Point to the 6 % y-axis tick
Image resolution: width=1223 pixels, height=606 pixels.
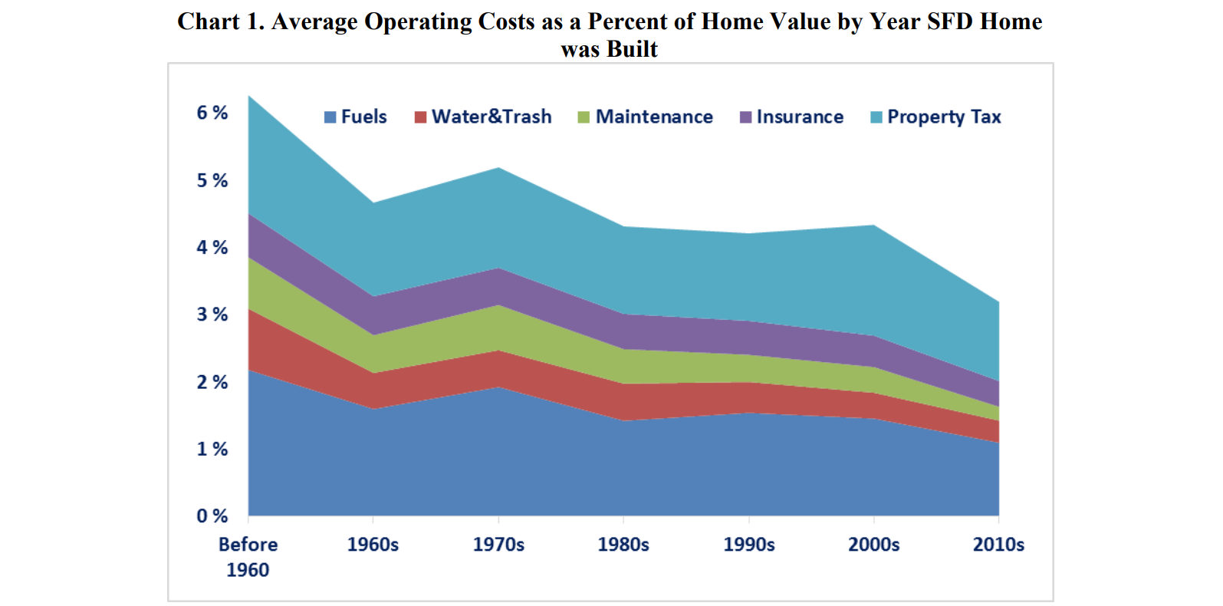point(212,113)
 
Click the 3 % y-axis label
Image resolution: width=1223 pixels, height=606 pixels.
point(212,315)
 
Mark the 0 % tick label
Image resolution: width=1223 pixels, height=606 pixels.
point(212,516)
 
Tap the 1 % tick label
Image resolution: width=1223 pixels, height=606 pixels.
point(212,449)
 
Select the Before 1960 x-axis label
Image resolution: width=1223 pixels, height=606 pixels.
point(248,557)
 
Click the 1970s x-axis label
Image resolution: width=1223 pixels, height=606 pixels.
point(498,545)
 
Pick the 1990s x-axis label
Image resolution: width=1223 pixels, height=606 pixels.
point(749,545)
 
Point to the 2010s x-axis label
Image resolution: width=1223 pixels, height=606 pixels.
point(998,545)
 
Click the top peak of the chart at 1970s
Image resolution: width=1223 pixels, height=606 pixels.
point(499,168)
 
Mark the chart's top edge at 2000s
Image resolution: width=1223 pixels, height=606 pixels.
point(873,226)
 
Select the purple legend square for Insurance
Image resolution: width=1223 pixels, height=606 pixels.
point(745,117)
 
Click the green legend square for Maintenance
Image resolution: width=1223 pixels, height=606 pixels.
point(584,117)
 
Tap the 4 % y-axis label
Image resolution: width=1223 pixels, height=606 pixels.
point(212,247)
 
